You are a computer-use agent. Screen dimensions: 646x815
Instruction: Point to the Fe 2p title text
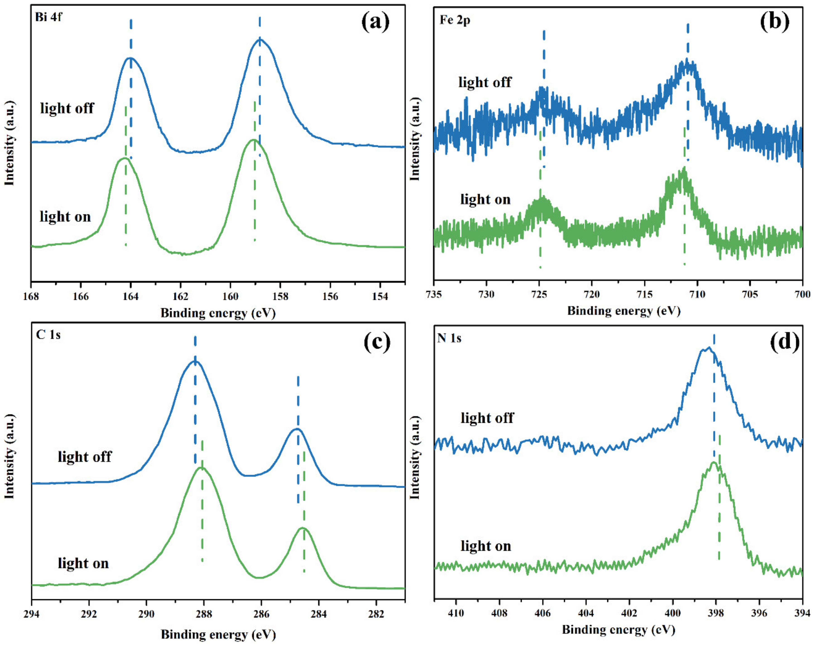(x=455, y=20)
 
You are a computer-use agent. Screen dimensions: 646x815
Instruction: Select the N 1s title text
(x=449, y=338)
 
